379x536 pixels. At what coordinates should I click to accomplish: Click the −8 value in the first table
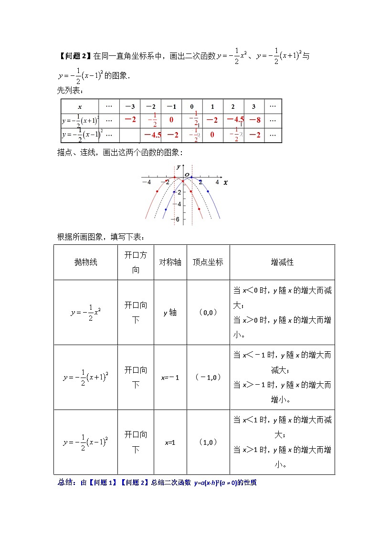255,120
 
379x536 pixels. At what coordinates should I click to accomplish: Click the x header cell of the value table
80,106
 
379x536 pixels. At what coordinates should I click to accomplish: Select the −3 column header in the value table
129,106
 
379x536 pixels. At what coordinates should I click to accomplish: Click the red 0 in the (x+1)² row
171,120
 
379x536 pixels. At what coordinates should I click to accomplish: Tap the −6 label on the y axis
177,219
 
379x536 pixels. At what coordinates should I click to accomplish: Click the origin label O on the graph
187,175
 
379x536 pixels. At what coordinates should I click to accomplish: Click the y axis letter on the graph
178,167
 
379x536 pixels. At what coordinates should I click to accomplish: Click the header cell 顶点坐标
208,262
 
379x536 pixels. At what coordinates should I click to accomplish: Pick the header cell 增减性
282,262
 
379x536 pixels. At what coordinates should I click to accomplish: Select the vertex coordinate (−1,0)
208,377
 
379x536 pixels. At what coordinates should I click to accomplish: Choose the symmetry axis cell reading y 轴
170,313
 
